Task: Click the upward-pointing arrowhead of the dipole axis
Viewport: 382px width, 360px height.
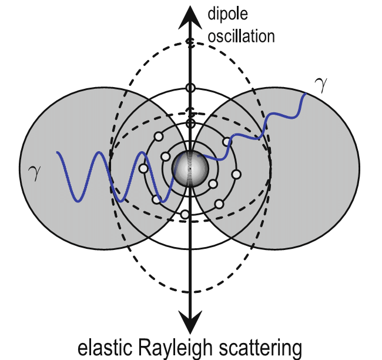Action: (x=189, y=14)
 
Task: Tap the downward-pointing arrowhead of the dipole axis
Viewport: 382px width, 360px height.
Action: (x=189, y=322)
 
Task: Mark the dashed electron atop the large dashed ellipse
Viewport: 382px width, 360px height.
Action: (x=190, y=42)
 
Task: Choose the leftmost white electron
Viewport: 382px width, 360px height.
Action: (x=143, y=169)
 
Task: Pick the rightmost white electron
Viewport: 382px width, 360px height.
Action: (x=236, y=175)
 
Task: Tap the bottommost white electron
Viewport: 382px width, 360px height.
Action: (x=185, y=214)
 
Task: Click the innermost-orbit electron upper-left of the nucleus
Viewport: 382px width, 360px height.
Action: (x=165, y=157)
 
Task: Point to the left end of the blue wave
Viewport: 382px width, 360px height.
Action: (x=57, y=153)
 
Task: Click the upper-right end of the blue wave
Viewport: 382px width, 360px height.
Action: (x=306, y=94)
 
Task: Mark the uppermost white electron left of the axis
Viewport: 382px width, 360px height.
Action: (x=158, y=137)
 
